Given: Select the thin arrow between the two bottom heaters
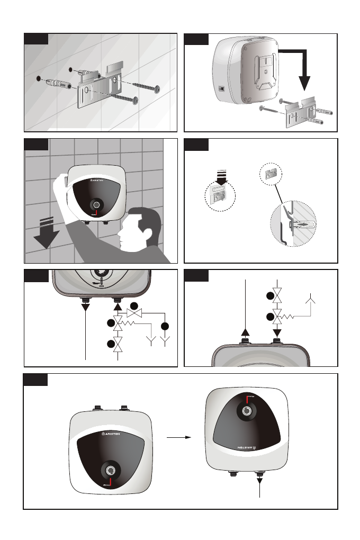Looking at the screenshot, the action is coord(178,438).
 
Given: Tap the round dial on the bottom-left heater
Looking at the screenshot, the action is coord(111,470).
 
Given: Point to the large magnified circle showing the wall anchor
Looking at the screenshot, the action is coord(294,225).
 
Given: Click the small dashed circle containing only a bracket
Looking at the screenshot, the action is coord(271,173).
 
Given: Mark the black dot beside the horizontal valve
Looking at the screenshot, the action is coord(134,306).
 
